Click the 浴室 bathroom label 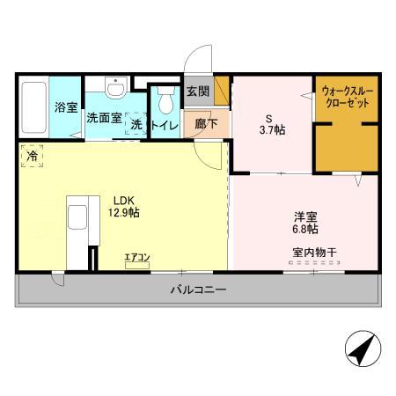(x=66, y=107)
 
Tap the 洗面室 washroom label (x=104, y=118)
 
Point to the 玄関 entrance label (x=197, y=92)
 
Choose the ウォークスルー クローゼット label (x=345, y=97)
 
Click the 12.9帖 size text (x=124, y=212)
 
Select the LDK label (x=123, y=199)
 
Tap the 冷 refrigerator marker (x=32, y=156)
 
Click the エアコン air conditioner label (x=136, y=258)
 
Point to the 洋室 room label (x=305, y=216)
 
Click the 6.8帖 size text (x=305, y=230)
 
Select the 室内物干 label (x=314, y=253)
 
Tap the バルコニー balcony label (x=198, y=289)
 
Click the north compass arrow (x=359, y=351)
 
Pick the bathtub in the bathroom (x=33, y=106)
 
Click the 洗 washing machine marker (x=136, y=125)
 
